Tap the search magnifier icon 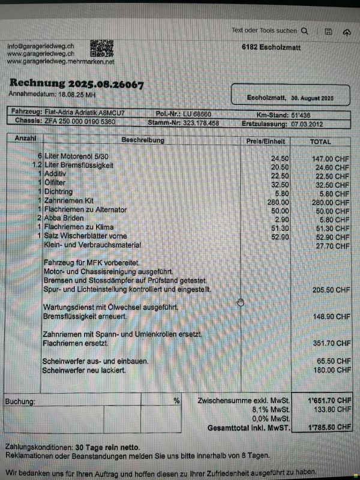tap(305, 31)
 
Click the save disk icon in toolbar tap(328, 31)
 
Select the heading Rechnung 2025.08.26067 tap(76, 84)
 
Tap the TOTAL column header tap(320, 142)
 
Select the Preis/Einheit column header tap(266, 142)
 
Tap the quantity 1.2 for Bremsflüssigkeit tap(37, 165)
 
